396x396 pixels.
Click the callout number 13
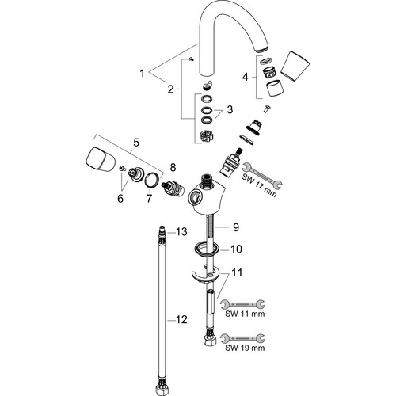[181, 232]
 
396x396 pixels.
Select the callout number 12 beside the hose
[181, 320]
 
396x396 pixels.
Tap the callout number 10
[236, 249]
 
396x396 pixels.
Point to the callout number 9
[236, 227]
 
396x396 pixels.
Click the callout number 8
[173, 167]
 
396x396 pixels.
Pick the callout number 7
[149, 198]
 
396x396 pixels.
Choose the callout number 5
[136, 143]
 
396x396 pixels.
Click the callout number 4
[246, 77]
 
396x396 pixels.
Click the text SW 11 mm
[245, 314]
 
